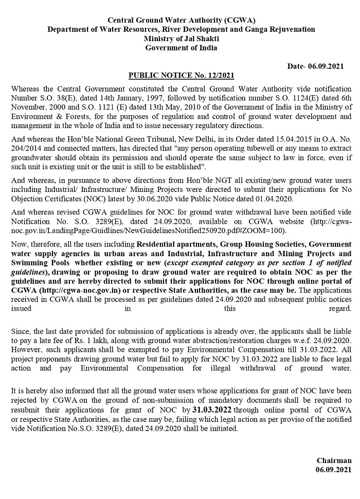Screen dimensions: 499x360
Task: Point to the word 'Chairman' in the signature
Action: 334,461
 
